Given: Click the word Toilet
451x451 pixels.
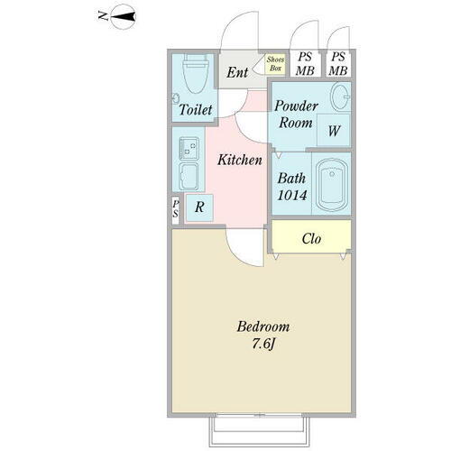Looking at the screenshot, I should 196,110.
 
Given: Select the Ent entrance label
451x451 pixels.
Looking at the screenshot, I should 238,72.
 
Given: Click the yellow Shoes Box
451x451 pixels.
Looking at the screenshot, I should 274,64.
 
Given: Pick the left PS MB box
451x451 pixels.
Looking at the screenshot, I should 306,63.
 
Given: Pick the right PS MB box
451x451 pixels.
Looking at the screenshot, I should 338,63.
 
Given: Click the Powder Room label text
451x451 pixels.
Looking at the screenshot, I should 297,114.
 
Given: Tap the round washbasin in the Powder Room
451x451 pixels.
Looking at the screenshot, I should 339,97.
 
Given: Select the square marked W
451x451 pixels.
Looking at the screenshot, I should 334,131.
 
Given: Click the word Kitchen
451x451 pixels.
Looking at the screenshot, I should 239,160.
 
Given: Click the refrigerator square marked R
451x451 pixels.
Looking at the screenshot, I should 198,207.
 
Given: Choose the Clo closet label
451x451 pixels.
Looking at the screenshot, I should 311,240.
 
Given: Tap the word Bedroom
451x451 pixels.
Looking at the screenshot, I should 263,326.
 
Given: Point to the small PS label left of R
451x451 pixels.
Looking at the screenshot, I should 176,209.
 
